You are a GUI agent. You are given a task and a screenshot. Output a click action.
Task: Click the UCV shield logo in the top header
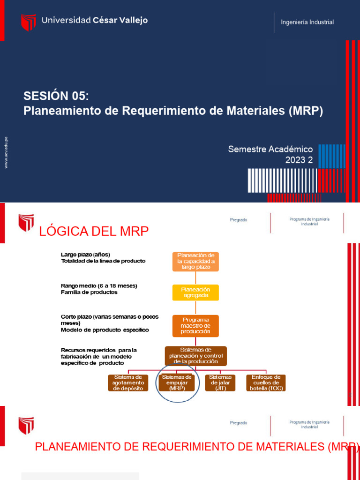coord(28,22)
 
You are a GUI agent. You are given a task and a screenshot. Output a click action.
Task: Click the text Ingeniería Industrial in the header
coord(307,22)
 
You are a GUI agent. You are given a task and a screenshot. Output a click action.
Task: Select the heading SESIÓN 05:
coord(56,96)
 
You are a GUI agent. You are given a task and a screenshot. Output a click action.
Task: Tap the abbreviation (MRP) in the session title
coord(306,111)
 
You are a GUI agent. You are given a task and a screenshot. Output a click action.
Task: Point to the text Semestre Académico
coord(270,149)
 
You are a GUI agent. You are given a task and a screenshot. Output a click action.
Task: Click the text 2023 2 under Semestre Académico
coord(299,160)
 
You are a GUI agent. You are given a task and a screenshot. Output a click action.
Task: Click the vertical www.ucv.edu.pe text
coord(6,152)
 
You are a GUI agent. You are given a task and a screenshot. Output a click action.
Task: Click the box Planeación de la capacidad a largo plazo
coord(195,261)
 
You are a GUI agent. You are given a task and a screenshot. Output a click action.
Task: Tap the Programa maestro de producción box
coord(195,326)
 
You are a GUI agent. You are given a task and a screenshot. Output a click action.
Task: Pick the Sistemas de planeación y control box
coord(195,355)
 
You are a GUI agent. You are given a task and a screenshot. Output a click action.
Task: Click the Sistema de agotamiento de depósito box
coord(128,382)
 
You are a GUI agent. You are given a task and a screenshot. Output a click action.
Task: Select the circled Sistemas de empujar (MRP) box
coord(175,382)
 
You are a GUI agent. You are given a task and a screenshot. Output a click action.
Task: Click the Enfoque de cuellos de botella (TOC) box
coord(266,382)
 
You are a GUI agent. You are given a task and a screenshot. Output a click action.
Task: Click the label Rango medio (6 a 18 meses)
coord(99,285)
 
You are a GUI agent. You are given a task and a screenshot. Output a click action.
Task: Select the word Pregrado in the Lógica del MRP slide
coord(239,219)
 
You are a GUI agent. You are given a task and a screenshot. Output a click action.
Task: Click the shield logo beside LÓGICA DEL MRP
coord(26,223)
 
